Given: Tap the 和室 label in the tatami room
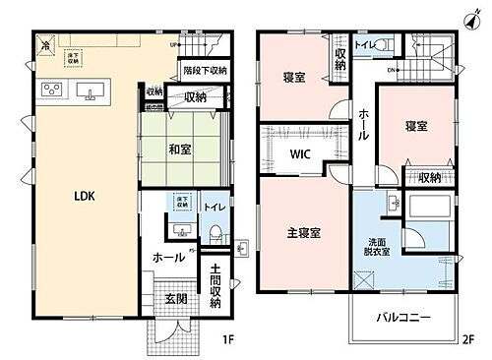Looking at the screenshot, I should [x=178, y=150].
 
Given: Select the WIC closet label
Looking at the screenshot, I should [x=301, y=154].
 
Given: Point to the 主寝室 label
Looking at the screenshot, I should [x=301, y=234].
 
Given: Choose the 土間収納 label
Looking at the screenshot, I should [x=215, y=287].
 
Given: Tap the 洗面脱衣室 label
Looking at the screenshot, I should [x=379, y=246].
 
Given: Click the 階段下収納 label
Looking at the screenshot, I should [x=205, y=71].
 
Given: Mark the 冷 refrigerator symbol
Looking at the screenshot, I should [x=44, y=44].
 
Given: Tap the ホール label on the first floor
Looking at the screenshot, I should [x=166, y=257].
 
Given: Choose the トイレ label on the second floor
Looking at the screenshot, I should [x=362, y=44].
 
